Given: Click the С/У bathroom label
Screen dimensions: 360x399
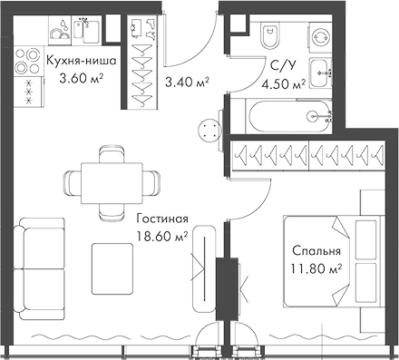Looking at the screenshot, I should click(x=282, y=64).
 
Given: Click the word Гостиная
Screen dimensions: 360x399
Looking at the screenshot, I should click(x=163, y=219).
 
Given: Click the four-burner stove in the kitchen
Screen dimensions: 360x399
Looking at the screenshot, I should click(x=31, y=90).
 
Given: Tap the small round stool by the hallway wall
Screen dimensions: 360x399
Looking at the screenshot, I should click(x=211, y=131).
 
